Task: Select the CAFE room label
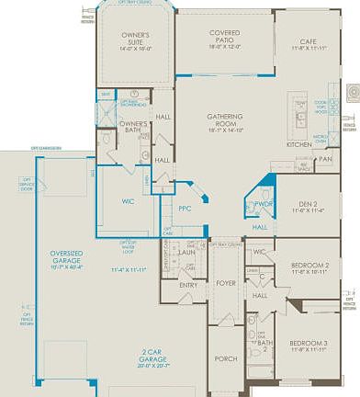pyautogui.click(x=308, y=41)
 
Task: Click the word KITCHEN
pyautogui.click(x=298, y=145)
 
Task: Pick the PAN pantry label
pyautogui.click(x=325, y=159)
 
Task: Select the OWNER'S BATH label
pyautogui.click(x=135, y=127)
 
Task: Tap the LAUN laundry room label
pyautogui.click(x=186, y=251)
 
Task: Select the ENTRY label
pyautogui.click(x=187, y=285)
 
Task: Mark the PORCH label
pyautogui.click(x=225, y=359)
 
